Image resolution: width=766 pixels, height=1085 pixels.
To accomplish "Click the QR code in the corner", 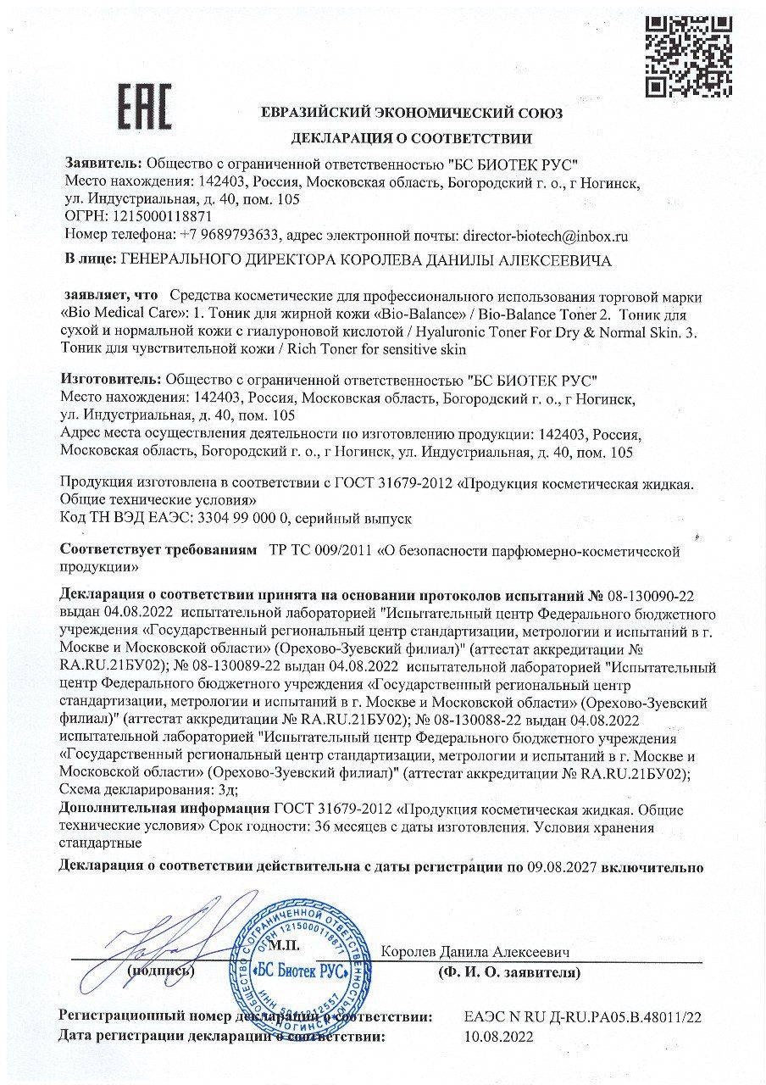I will [x=688, y=56].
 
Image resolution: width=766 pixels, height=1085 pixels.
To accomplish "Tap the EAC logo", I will [x=144, y=107].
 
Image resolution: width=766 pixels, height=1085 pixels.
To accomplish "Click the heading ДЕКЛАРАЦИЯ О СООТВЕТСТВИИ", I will [x=411, y=138].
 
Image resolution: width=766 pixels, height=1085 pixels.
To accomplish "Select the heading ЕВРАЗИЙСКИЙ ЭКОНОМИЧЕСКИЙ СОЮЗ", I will [x=411, y=114].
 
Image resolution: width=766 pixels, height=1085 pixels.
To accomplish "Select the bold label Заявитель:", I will [x=104, y=163].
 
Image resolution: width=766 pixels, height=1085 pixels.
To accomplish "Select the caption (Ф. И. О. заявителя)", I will [x=509, y=971].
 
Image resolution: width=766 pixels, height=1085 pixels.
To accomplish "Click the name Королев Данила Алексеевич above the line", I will [x=475, y=952].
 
